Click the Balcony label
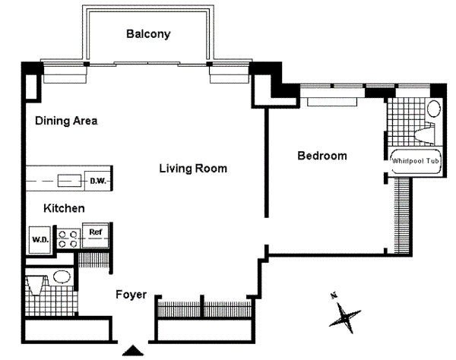point(148,34)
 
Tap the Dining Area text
point(66,121)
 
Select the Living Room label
point(193,169)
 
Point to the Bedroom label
point(322,156)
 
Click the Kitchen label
point(64,208)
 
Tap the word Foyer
point(131,295)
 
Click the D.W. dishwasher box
point(98,181)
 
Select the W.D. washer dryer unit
point(40,240)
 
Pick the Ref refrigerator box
point(96,235)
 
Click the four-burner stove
point(68,239)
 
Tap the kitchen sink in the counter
point(69,181)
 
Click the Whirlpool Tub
point(415,161)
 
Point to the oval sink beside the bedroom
point(434,109)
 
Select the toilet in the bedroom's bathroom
point(425,134)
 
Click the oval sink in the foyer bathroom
point(62,277)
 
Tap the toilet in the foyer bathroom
point(37,286)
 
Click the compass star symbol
point(345,317)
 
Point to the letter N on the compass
point(334,296)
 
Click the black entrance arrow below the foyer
point(133,350)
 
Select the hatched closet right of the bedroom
point(401,215)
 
